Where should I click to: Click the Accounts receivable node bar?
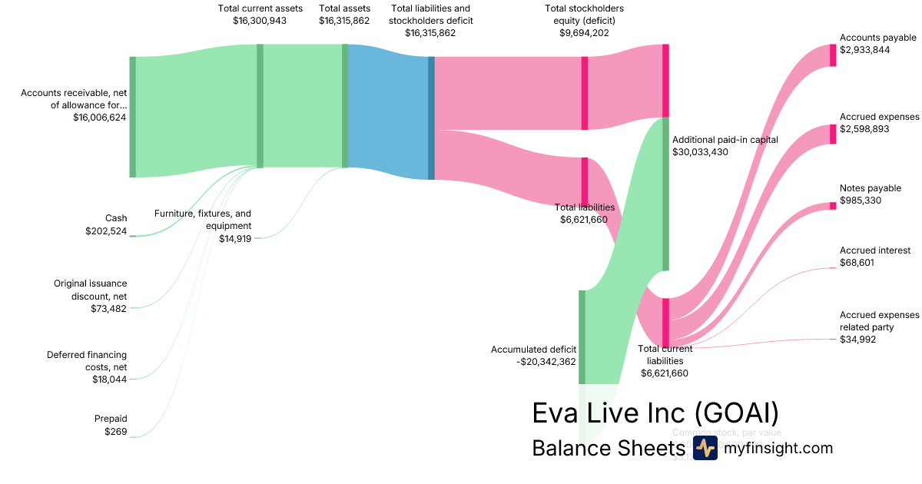coord(132,117)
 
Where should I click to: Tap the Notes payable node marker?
coord(833,206)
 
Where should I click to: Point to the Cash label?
coord(116,218)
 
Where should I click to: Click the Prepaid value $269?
coord(115,432)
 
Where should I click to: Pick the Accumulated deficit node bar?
coord(582,336)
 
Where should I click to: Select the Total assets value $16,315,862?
coord(344,21)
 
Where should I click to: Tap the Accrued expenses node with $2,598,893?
coord(833,134)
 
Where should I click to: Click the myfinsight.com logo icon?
coord(705,449)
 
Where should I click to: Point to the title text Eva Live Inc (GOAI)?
coord(655,413)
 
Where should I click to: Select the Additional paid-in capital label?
coord(725,140)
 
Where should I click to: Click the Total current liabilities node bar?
coord(665,322)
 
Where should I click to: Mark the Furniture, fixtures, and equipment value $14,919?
coord(235,238)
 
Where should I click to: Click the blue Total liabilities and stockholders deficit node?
coord(431,118)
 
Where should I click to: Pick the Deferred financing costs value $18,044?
coord(108,380)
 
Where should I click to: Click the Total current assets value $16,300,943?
coord(259,21)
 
